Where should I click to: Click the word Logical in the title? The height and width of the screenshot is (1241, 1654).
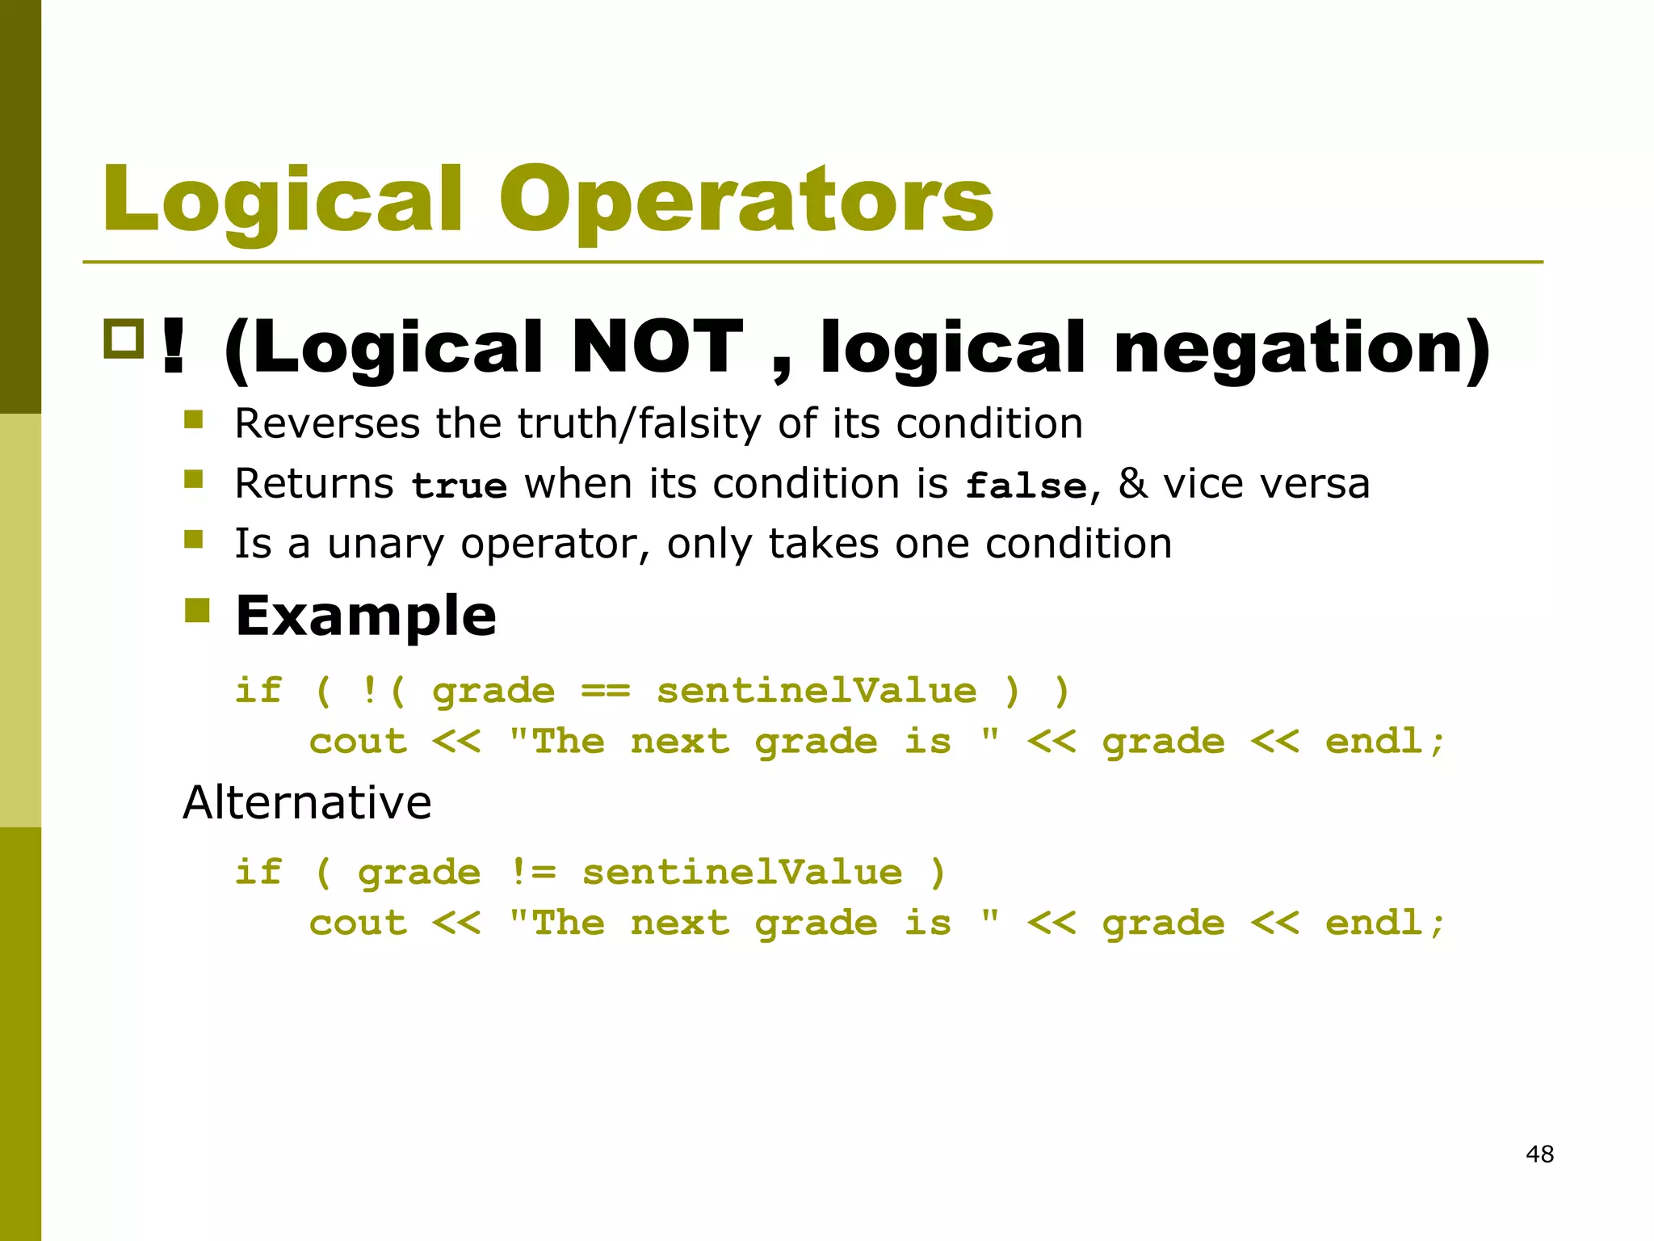coord(283,200)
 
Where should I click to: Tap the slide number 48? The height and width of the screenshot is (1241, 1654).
coord(1539,1154)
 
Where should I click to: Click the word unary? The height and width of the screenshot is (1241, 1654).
coord(385,544)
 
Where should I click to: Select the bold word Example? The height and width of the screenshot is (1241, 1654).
coord(366,616)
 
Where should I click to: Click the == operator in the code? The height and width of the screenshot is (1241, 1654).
coord(605,692)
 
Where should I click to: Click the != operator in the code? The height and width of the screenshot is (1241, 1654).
coord(533,873)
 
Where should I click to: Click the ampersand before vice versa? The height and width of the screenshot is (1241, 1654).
coord(1132,483)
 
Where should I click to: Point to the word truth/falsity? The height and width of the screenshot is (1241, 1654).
coord(639,423)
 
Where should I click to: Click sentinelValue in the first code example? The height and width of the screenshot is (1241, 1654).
coord(816,692)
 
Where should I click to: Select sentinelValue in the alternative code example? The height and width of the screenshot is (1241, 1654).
coord(741,873)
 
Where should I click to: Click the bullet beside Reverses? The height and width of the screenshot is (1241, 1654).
coord(193,419)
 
